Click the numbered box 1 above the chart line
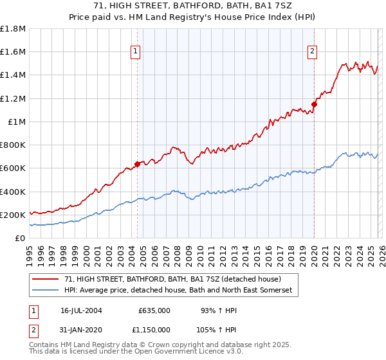tap(136, 53)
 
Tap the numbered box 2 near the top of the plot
tap(312, 53)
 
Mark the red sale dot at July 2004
tap(138, 164)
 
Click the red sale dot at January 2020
tap(315, 104)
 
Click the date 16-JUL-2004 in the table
tap(81, 310)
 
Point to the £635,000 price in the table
tap(154, 310)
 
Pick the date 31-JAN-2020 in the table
tap(81, 329)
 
